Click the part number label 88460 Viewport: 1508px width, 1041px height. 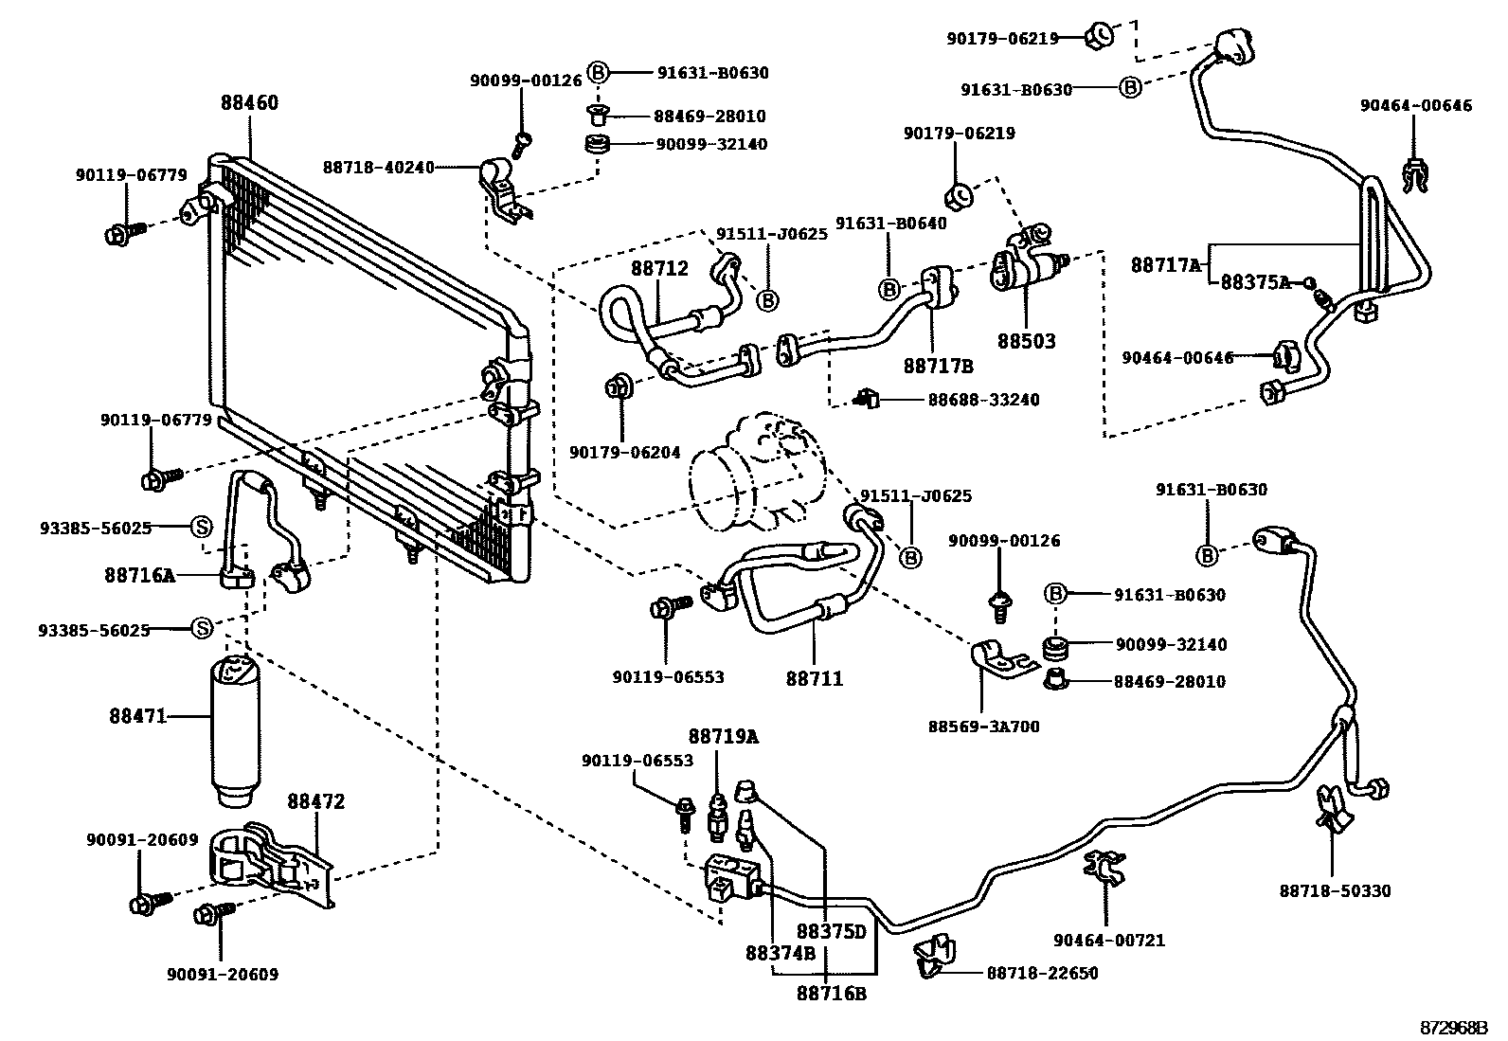point(250,103)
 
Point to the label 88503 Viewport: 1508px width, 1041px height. point(1026,341)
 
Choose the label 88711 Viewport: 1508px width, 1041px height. point(814,678)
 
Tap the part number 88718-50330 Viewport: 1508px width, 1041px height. point(1335,890)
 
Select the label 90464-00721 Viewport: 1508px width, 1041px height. point(1108,941)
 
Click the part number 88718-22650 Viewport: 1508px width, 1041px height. point(1042,973)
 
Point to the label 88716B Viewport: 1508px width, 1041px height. point(831,994)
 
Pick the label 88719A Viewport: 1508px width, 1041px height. point(724,736)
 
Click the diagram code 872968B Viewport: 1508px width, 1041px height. point(1453,1028)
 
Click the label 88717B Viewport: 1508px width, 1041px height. point(938,366)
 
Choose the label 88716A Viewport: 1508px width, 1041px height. point(139,574)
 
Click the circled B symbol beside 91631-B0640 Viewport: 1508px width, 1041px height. point(889,289)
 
